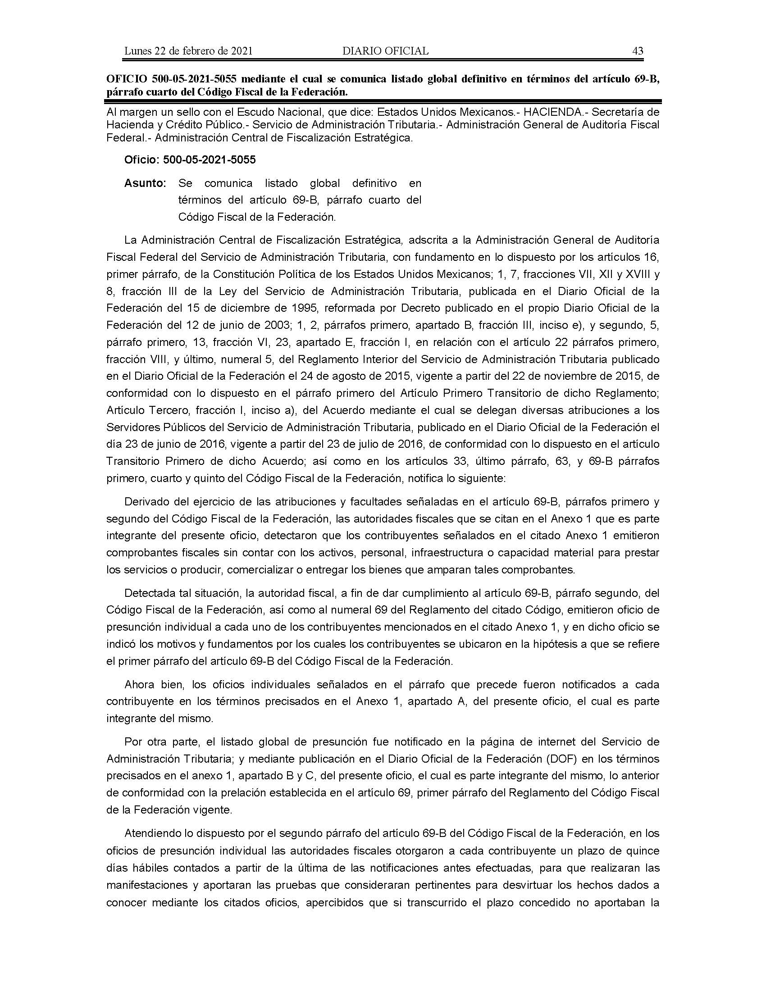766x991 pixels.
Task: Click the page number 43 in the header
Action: coord(638,51)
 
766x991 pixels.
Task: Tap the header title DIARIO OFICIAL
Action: coord(385,51)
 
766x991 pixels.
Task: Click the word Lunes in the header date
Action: coord(138,51)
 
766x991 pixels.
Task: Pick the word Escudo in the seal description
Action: coord(262,112)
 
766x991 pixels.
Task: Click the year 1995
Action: coord(301,308)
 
